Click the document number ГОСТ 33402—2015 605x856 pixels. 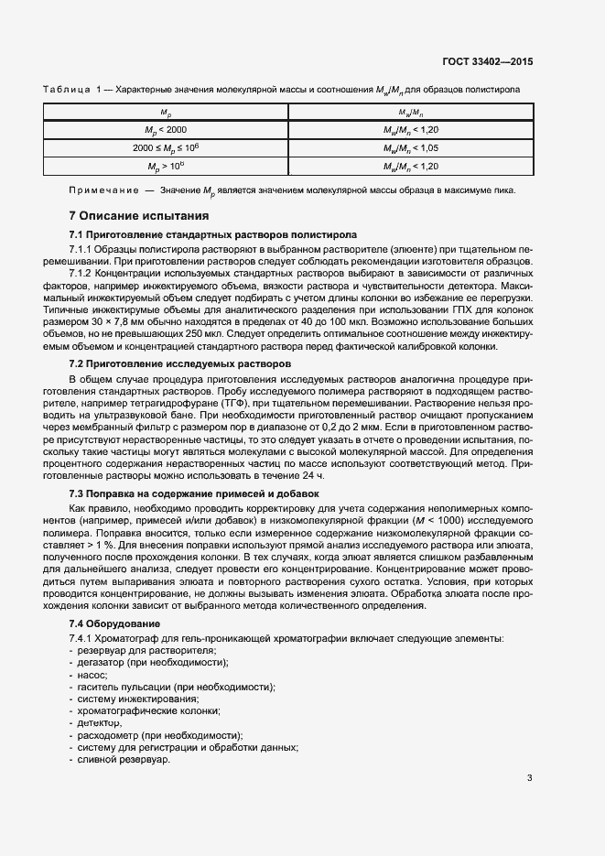[488, 61]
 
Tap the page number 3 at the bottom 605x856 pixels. [530, 779]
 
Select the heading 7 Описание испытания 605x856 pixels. [140, 216]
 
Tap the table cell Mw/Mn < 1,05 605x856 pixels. [411, 147]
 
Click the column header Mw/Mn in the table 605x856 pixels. [411, 113]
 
